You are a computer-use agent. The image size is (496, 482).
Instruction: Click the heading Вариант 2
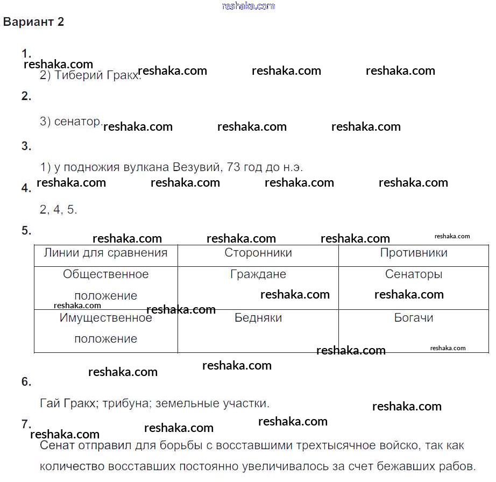point(33,22)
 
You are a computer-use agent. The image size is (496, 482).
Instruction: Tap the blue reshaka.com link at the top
point(249,6)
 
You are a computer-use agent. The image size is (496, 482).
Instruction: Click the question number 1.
point(26,53)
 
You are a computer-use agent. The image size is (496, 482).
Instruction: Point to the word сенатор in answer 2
point(77,121)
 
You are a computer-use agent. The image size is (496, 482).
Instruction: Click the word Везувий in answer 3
point(197,167)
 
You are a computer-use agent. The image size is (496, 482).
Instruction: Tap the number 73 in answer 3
point(233,167)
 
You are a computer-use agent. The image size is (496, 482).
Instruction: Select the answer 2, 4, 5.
point(59,209)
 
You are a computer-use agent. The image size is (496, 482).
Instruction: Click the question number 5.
point(26,230)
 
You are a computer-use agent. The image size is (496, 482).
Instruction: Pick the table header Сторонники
point(258,252)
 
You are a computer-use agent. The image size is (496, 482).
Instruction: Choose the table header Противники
point(414,252)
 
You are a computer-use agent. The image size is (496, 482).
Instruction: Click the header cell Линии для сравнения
point(105,252)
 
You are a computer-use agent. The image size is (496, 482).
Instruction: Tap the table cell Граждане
point(258,274)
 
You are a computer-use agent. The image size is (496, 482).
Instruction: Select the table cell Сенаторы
point(414,274)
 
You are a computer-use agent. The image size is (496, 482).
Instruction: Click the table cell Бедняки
point(258,317)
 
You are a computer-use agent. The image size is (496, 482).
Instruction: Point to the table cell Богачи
point(414,317)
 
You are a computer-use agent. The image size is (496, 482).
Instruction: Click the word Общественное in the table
point(105,274)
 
